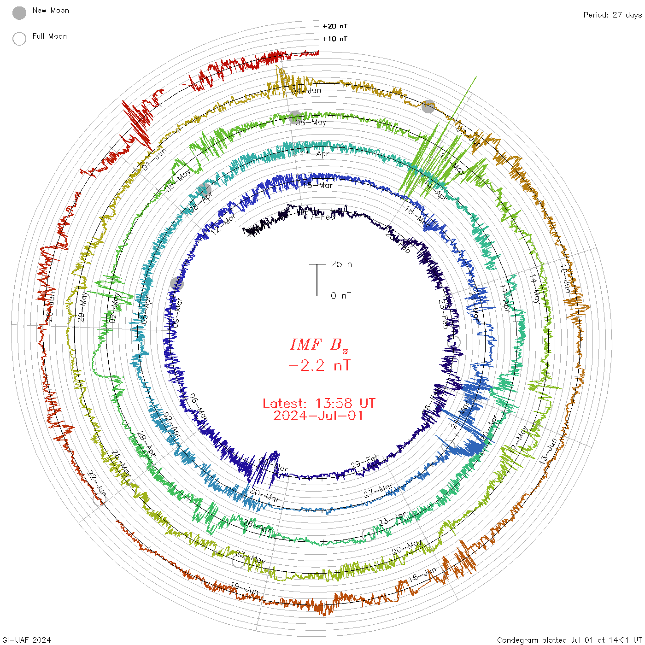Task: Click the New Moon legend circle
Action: click(x=19, y=13)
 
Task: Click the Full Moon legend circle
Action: click(x=19, y=39)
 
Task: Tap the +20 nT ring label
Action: click(x=335, y=26)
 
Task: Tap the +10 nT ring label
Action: click(x=335, y=39)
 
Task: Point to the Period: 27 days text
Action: click(x=612, y=15)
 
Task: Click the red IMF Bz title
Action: click(x=319, y=345)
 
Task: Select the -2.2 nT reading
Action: click(x=319, y=366)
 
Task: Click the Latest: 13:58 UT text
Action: click(x=319, y=404)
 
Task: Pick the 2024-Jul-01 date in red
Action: click(x=319, y=416)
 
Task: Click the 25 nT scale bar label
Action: click(x=344, y=264)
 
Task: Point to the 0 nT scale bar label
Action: click(x=341, y=296)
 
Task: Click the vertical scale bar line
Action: click(x=317, y=280)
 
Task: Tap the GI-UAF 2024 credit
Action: click(x=26, y=640)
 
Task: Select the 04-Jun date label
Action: click(x=306, y=91)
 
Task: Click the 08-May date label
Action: click(x=311, y=122)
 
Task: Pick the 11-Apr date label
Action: click(x=315, y=154)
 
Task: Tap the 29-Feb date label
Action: click(x=365, y=462)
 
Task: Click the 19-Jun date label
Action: click(x=245, y=588)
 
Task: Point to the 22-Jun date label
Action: click(x=97, y=481)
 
